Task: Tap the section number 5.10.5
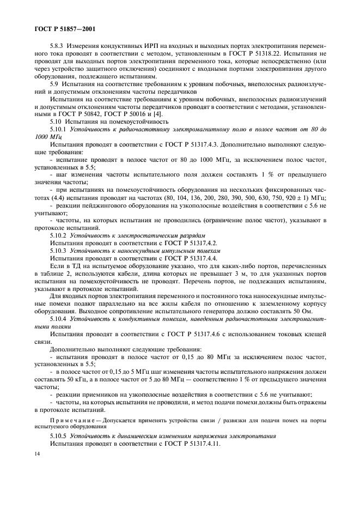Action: (x=58, y=436)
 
